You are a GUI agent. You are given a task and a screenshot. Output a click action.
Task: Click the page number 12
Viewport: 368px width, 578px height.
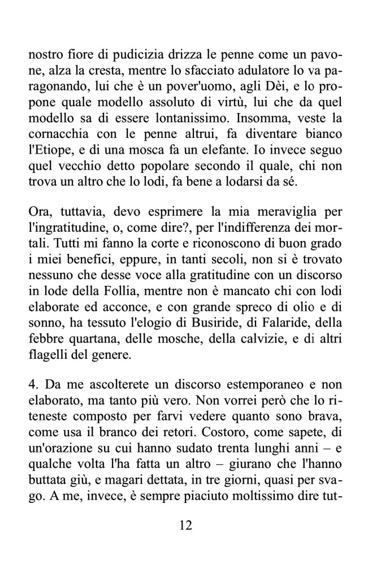point(185,525)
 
